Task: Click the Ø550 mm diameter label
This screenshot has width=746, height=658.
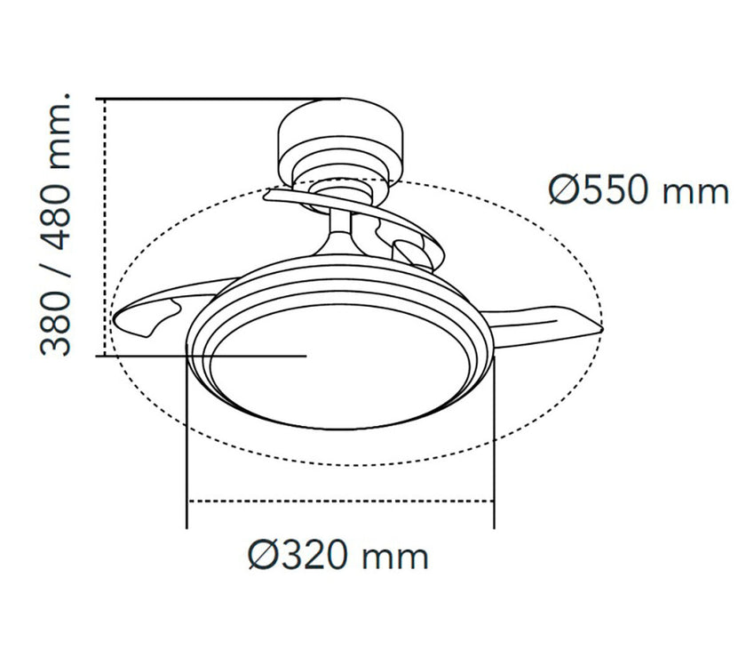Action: (x=639, y=190)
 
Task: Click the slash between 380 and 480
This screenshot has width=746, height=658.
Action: (x=56, y=269)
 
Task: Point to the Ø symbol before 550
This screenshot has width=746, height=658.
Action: (x=564, y=190)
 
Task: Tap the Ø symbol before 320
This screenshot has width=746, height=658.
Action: (x=263, y=555)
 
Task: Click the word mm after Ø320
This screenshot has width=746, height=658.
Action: (x=395, y=558)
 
